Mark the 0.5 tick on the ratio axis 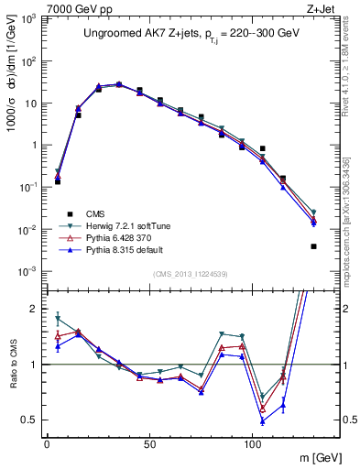(x=31, y=420)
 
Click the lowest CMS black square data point (x=313, y=246)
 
